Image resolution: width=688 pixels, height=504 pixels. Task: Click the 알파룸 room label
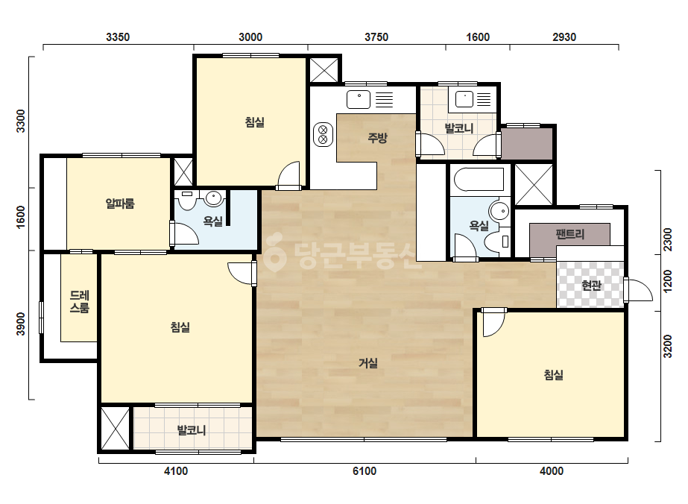pos(120,204)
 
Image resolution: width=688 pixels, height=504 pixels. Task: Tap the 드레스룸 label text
pos(80,301)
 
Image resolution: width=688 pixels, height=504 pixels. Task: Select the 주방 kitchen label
pos(377,138)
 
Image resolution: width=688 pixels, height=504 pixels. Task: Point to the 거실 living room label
pos(368,363)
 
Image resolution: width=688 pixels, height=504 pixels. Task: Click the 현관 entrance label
pos(591,286)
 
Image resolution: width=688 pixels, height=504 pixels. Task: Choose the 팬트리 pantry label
pos(570,234)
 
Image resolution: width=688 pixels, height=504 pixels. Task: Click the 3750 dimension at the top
pos(376,37)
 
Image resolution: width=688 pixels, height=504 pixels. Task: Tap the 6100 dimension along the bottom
pos(364,471)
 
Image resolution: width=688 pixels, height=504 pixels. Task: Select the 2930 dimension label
pos(564,37)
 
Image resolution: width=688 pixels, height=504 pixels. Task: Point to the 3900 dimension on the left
pos(21,324)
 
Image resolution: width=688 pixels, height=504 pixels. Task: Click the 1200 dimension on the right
pos(667,281)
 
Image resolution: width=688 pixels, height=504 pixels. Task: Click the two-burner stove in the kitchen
pos(323,134)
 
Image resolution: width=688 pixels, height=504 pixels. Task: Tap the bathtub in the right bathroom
pos(479,180)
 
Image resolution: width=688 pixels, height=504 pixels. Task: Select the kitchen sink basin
pos(359,100)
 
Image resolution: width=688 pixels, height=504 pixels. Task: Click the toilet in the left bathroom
pos(188,200)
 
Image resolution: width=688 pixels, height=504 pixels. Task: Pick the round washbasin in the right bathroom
pos(499,211)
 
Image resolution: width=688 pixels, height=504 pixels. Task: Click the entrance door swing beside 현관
pos(638,289)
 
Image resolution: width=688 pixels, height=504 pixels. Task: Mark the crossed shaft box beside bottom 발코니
pos(116,429)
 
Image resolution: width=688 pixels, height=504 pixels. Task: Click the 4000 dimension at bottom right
pos(552,471)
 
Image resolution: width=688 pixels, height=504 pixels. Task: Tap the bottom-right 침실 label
pos(554,375)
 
